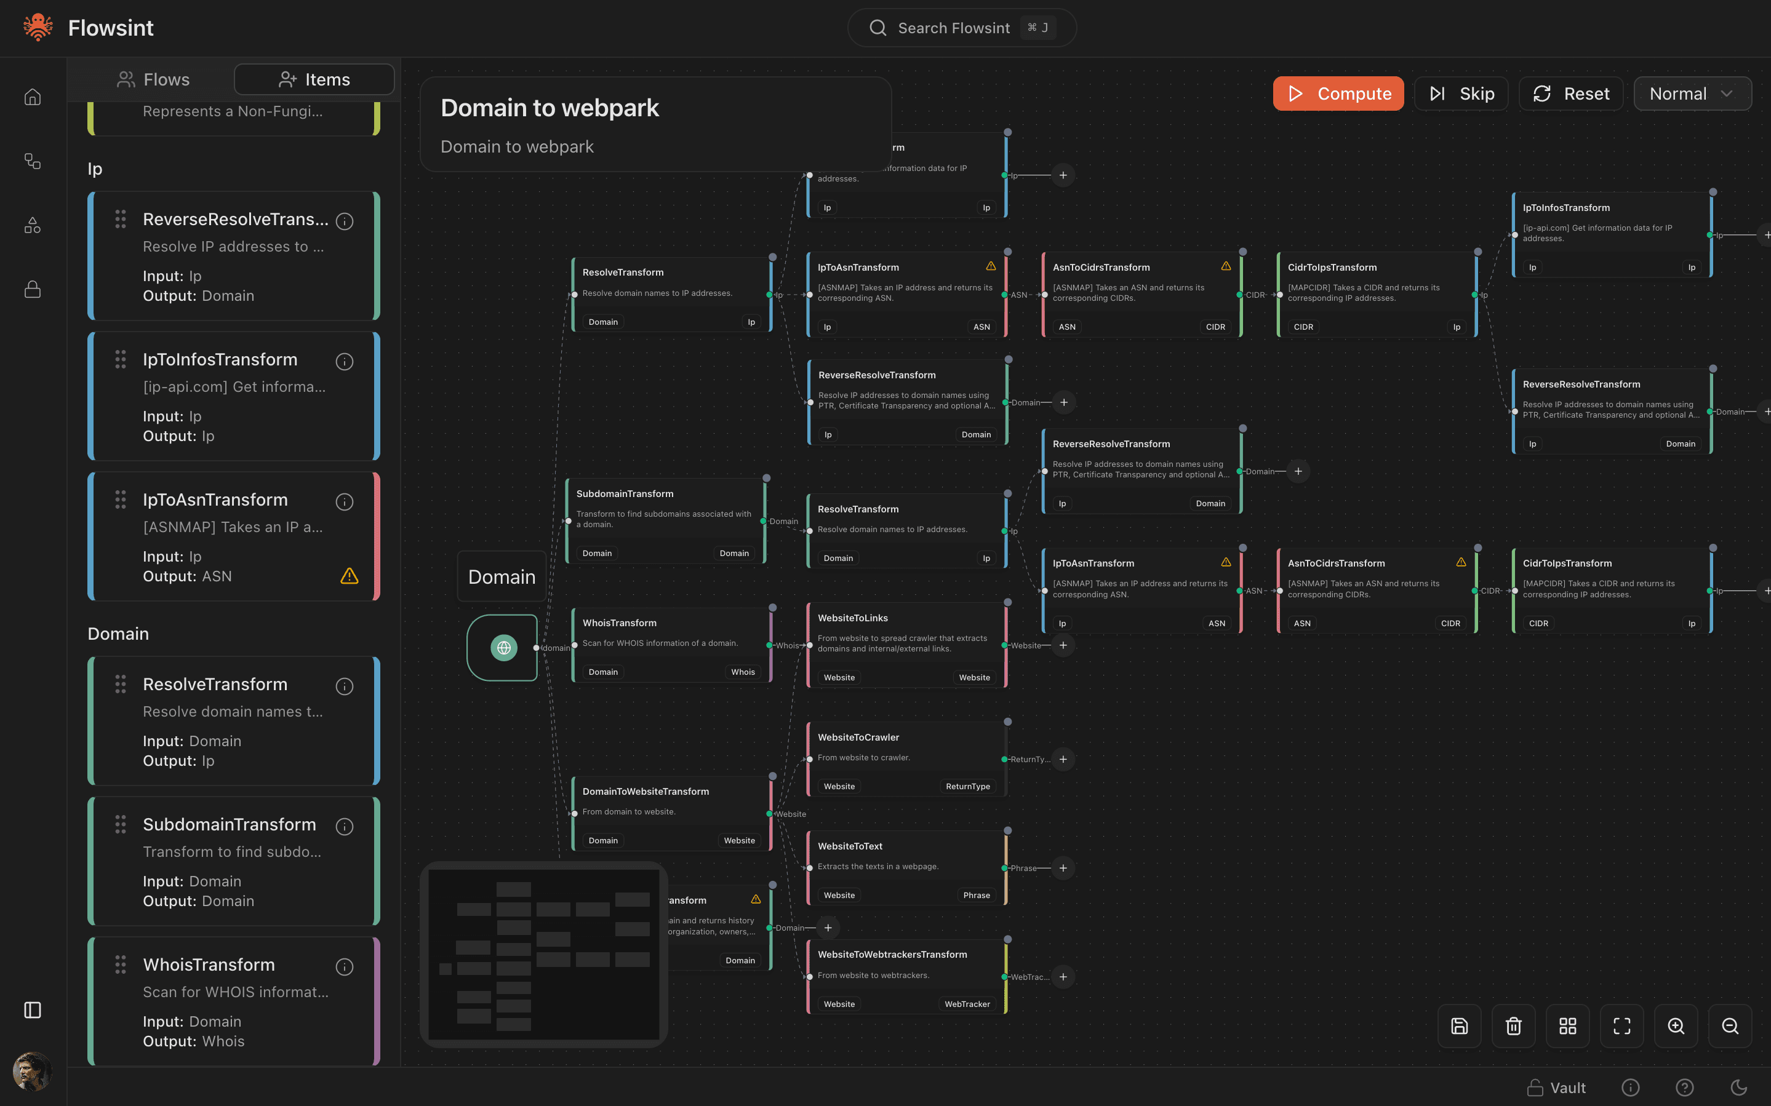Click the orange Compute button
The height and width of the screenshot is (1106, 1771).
[x=1337, y=93]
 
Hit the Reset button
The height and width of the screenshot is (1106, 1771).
[x=1570, y=93]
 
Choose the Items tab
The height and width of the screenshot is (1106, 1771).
[x=314, y=79]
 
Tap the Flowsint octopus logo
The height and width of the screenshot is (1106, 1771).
[x=38, y=28]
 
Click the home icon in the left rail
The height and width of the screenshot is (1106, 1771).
[x=32, y=97]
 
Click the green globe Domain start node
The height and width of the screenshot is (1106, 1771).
[x=503, y=647]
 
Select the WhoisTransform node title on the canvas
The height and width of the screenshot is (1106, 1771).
[x=619, y=623]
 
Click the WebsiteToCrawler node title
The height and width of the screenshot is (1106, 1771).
[x=858, y=738]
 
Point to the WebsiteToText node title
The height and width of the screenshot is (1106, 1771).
[x=849, y=846]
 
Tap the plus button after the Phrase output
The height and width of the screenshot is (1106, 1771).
[x=1063, y=869]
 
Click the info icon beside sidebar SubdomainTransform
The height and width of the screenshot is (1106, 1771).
[x=345, y=827]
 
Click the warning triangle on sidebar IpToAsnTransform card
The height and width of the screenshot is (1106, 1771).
[x=350, y=576]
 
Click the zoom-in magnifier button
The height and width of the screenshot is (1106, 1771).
[x=1675, y=1025]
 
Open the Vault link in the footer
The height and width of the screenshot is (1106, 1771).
[x=1557, y=1088]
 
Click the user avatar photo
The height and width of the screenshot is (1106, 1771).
[x=32, y=1071]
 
